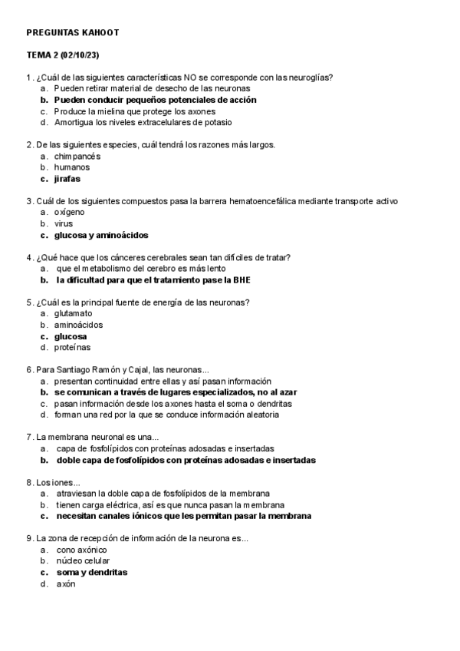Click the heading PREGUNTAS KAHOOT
point(72,33)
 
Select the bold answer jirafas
point(67,178)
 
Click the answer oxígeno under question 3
point(69,212)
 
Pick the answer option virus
point(64,223)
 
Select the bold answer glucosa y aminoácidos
point(100,235)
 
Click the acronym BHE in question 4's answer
point(241,280)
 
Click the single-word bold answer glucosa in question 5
point(70,336)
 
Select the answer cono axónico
point(81,550)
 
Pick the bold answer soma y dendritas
point(91,573)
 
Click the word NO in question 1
point(202,77)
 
